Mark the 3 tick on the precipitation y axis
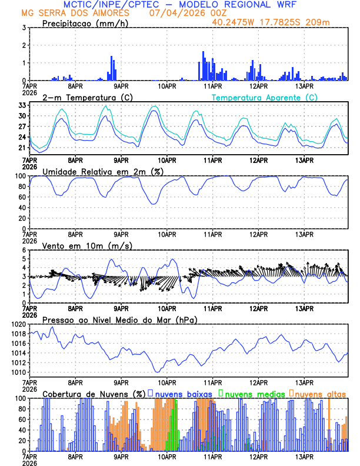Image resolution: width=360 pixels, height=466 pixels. (x=24, y=28)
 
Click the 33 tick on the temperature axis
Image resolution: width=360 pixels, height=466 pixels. (x=22, y=105)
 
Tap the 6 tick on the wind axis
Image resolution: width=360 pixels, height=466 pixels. (x=24, y=250)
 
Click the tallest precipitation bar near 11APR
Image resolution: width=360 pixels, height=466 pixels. (x=203, y=66)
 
